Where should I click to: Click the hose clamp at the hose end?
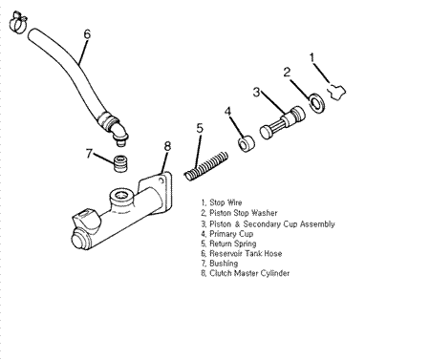click(17, 22)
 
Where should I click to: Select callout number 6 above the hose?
click(87, 34)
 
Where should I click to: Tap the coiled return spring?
click(206, 166)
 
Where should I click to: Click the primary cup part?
click(247, 143)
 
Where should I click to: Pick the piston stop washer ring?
click(316, 103)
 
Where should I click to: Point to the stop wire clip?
click(337, 92)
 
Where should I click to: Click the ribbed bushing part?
click(120, 163)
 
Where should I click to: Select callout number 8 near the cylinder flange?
click(167, 146)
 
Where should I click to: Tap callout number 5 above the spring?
click(200, 128)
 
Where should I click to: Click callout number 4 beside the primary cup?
click(227, 112)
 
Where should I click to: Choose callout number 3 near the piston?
click(256, 93)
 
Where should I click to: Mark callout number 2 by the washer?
click(287, 73)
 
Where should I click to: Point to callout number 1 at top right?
click(312, 57)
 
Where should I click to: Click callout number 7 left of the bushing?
click(89, 154)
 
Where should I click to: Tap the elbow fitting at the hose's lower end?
click(118, 132)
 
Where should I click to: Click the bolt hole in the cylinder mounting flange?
click(161, 181)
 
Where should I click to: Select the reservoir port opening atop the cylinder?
click(121, 195)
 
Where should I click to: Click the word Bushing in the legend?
click(224, 264)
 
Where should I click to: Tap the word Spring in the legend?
click(245, 244)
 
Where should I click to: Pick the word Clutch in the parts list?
click(221, 273)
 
